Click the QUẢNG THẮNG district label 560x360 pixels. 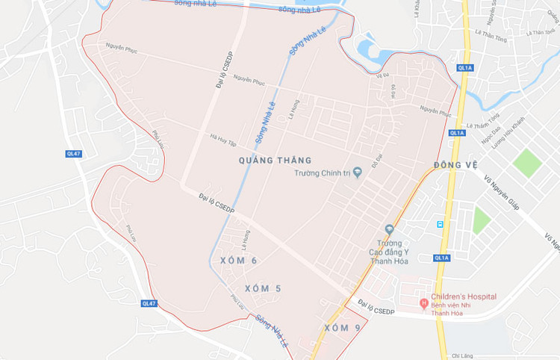pyautogui.click(x=274, y=160)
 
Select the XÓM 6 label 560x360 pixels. pyautogui.click(x=239, y=260)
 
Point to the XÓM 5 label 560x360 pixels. pyautogui.click(x=264, y=288)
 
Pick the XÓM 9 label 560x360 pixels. pyautogui.click(x=343, y=328)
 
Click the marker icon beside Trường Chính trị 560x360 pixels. pyautogui.click(x=357, y=173)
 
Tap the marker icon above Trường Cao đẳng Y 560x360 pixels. pyautogui.click(x=388, y=229)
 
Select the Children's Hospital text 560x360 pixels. pyautogui.click(x=464, y=297)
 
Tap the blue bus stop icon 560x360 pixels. pyautogui.click(x=440, y=223)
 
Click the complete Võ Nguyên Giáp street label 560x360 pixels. pyautogui.click(x=500, y=191)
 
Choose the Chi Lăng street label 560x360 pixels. pyautogui.click(x=464, y=355)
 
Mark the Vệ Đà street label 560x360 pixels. pyautogui.click(x=383, y=75)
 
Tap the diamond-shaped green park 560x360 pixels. pyautogui.click(x=527, y=162)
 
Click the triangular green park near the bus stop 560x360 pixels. pyautogui.click(x=480, y=220)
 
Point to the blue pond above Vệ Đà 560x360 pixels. pyautogui.click(x=370, y=51)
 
